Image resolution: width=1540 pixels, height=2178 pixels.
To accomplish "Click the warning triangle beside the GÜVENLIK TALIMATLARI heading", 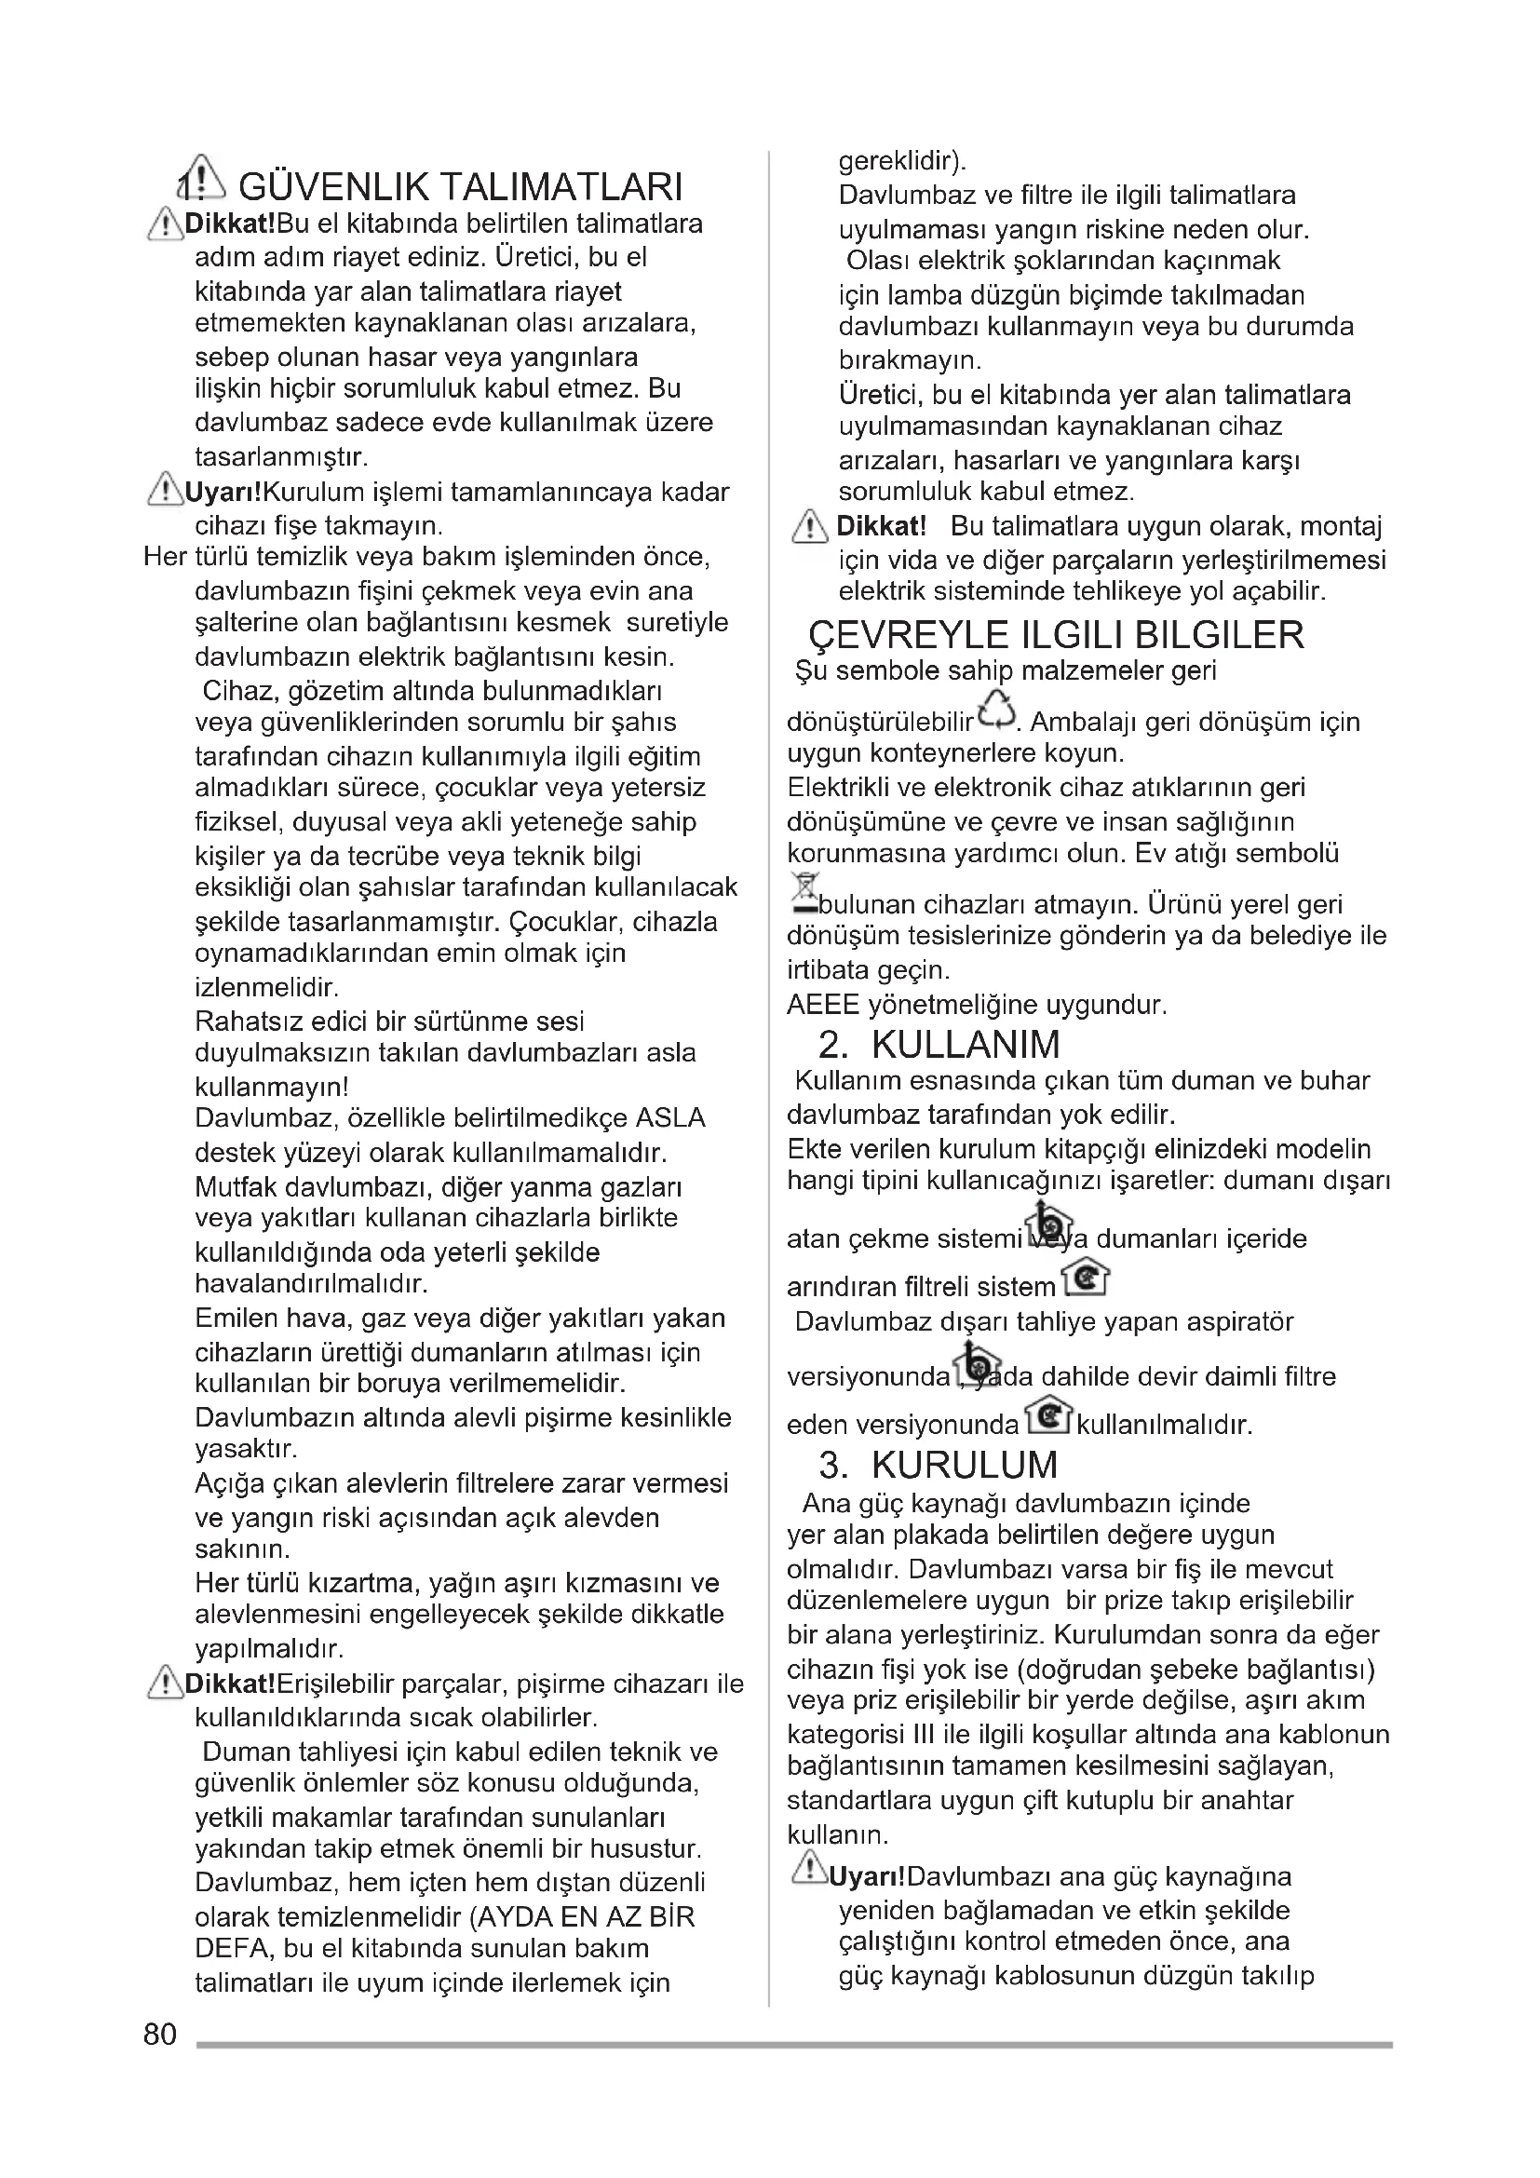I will (202, 179).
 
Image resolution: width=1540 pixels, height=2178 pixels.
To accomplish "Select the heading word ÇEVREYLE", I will (910, 635).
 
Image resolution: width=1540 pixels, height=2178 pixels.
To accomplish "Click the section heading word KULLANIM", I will (966, 1045).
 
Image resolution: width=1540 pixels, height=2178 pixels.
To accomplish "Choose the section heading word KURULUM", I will (964, 1465).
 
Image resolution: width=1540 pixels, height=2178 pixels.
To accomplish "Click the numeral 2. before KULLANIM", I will (833, 1045).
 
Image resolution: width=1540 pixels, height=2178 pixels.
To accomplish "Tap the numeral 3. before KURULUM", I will (833, 1465).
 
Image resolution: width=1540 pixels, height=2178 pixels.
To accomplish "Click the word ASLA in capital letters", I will (670, 1118).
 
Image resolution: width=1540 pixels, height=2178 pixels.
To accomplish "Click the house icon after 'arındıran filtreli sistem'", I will (1085, 1279).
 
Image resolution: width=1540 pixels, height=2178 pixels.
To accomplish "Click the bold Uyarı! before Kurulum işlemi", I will (223, 493).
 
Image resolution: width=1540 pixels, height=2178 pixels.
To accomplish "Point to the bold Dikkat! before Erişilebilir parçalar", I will (229, 1684).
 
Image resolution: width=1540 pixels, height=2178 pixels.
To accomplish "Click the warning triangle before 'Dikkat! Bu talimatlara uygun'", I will (809, 526).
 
